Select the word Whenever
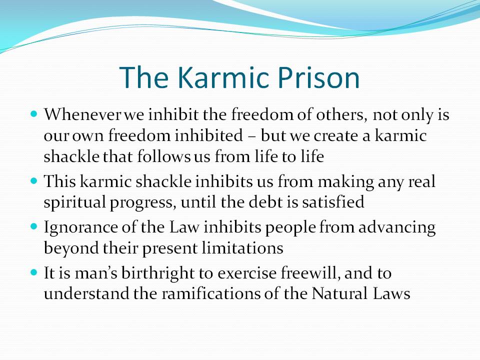point(83,114)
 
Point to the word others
point(341,115)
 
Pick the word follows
point(164,156)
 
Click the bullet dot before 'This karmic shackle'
point(33,180)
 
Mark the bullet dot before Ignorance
point(33,226)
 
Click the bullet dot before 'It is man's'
point(33,272)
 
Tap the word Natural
point(339,293)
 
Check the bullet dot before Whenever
point(33,114)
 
